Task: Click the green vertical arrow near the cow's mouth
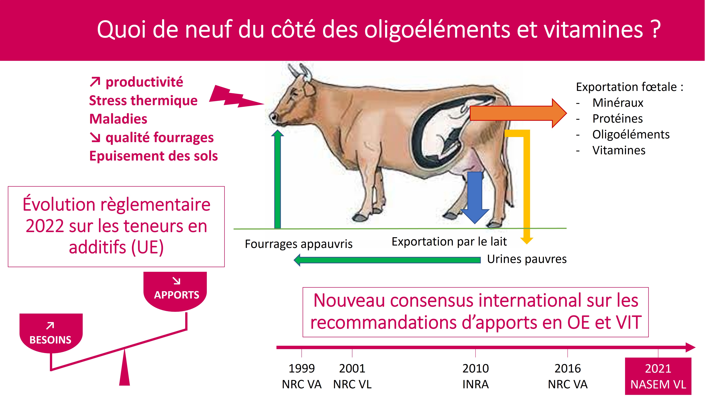tap(278, 179)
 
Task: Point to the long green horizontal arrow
tap(387, 260)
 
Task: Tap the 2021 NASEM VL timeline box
tap(658, 376)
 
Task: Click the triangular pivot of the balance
tap(125, 368)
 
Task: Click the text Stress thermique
tap(143, 101)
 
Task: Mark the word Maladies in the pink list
tap(118, 119)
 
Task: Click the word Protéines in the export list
tap(618, 119)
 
